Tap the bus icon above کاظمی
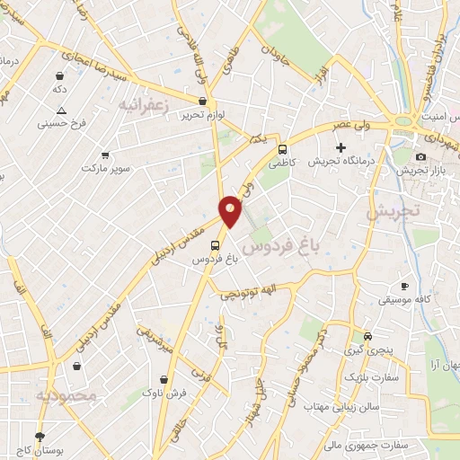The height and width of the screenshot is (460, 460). click(283, 150)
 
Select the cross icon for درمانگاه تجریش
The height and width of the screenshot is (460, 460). click(341, 147)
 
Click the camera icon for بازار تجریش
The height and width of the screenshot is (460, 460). click(420, 157)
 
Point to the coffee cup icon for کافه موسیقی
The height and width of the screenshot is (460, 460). click(404, 286)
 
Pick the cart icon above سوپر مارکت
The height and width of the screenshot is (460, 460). click(106, 155)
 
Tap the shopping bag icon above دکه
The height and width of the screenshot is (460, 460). click(59, 77)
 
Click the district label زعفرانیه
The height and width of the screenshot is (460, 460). click(144, 106)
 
